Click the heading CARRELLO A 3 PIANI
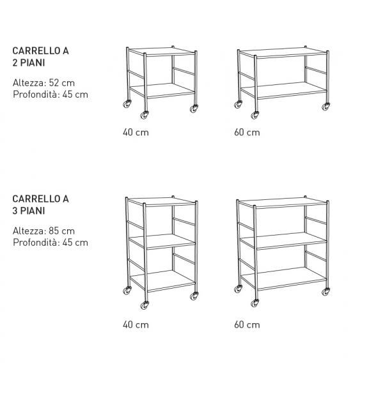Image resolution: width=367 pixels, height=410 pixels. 40,204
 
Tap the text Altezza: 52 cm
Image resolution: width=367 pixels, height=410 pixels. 43,83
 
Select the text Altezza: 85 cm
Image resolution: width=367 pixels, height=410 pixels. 43,231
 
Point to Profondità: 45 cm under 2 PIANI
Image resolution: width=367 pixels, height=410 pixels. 51,95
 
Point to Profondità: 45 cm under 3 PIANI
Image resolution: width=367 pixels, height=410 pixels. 51,242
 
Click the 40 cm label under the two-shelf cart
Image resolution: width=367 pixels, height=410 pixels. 136,133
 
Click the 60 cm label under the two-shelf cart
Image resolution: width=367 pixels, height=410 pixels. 247,133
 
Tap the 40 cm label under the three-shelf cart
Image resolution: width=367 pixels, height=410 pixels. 136,324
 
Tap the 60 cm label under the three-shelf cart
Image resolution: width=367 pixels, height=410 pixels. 247,324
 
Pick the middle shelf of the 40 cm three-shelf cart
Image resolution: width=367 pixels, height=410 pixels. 163,240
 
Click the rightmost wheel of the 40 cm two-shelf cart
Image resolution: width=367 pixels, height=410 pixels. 194,108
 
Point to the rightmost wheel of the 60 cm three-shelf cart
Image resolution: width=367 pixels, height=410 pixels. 326,292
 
